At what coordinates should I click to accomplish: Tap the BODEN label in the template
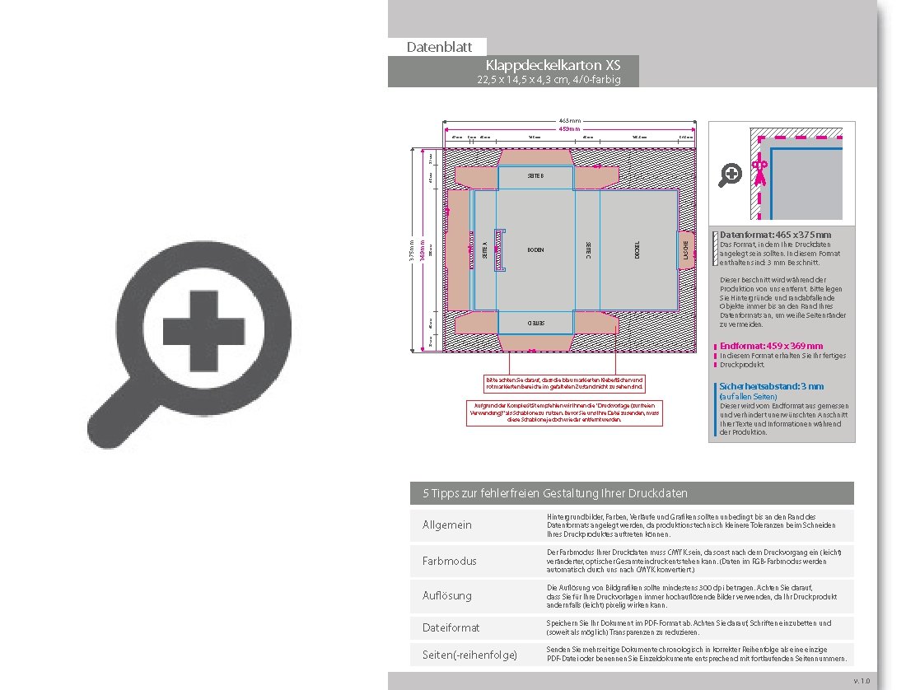pos(535,249)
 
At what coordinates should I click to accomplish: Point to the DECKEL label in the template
pos(637,249)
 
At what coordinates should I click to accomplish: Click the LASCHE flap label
pos(685,249)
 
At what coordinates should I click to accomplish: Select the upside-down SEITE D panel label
pos(535,324)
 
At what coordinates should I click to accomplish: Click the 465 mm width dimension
pos(569,120)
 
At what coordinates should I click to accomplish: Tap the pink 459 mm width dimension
pos(569,129)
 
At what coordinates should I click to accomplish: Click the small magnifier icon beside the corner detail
pos(731,175)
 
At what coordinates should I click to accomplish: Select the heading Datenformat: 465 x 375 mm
pos(775,235)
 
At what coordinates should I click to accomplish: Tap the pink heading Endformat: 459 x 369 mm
pos(771,346)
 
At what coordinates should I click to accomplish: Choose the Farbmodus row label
pos(449,561)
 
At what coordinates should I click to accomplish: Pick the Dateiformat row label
pos(451,627)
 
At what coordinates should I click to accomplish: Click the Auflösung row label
pos(446,594)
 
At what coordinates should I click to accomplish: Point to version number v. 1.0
pos(861,680)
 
